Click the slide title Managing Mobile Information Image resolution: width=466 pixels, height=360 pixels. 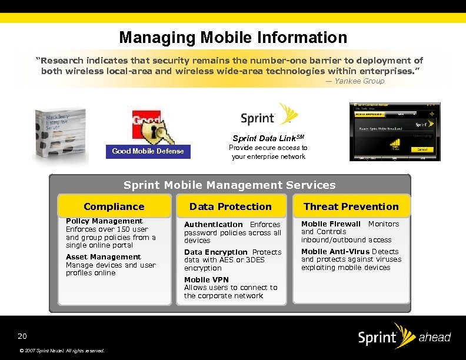(233, 38)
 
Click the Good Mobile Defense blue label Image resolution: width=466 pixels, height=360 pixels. (148, 151)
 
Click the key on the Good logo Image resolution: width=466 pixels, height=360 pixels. (158, 132)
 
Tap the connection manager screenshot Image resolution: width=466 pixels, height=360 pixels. (394, 132)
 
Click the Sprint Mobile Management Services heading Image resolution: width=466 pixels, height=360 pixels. (229, 185)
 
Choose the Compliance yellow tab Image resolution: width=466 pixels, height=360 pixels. (114, 206)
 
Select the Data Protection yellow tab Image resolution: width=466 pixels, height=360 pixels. (231, 206)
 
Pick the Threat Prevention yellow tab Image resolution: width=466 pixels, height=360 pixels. (351, 206)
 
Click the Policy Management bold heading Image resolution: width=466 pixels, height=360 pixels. (104, 221)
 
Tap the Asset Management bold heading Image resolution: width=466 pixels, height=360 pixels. (104, 257)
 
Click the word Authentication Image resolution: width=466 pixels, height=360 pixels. (213, 225)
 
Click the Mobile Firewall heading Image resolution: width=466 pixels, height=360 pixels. (331, 224)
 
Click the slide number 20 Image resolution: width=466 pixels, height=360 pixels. (22, 336)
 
